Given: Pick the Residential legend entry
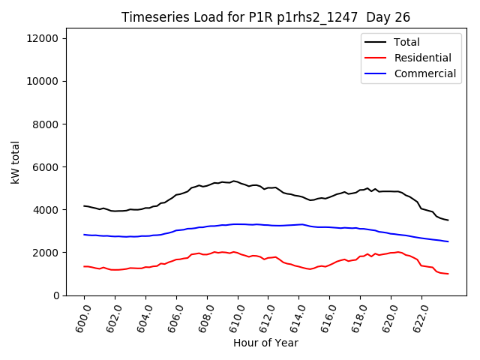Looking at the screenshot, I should [x=422, y=58].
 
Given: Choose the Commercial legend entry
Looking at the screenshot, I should [x=424, y=73].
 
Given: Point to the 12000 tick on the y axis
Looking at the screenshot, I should [x=49, y=38].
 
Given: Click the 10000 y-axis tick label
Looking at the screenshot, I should [x=49, y=81].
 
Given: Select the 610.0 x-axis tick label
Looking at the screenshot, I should [x=233, y=316].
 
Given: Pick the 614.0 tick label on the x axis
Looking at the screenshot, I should [x=295, y=316].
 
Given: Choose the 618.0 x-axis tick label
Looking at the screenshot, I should [x=356, y=316].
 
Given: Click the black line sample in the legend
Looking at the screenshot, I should [x=376, y=43].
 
